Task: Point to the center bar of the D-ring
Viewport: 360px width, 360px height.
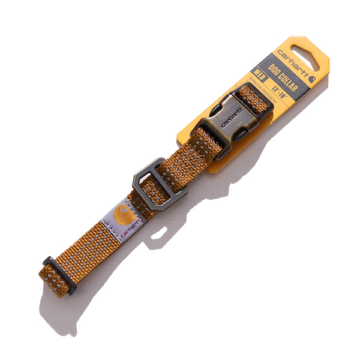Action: click(x=155, y=180)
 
